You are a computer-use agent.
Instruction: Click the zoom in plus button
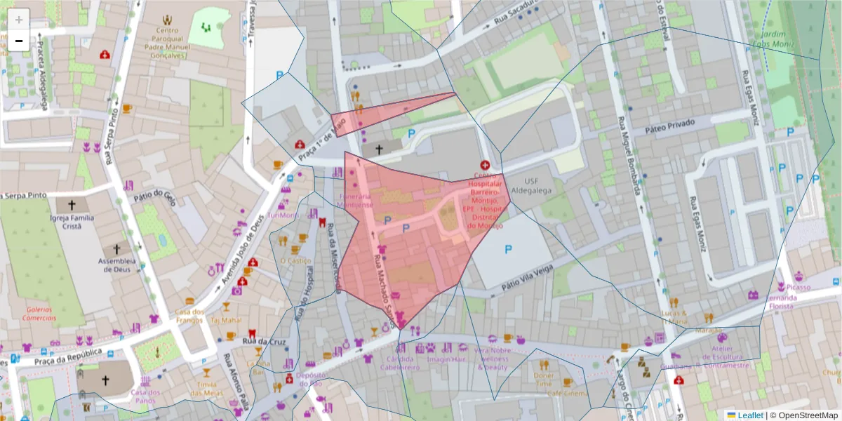coord(19,20)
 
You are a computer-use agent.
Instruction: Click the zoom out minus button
coord(19,41)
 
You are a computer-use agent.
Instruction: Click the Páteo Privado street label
coord(669,123)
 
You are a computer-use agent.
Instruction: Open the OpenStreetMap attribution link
coord(807,415)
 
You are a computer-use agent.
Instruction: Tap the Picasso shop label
coord(798,287)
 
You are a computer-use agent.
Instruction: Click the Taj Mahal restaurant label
coord(226,320)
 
